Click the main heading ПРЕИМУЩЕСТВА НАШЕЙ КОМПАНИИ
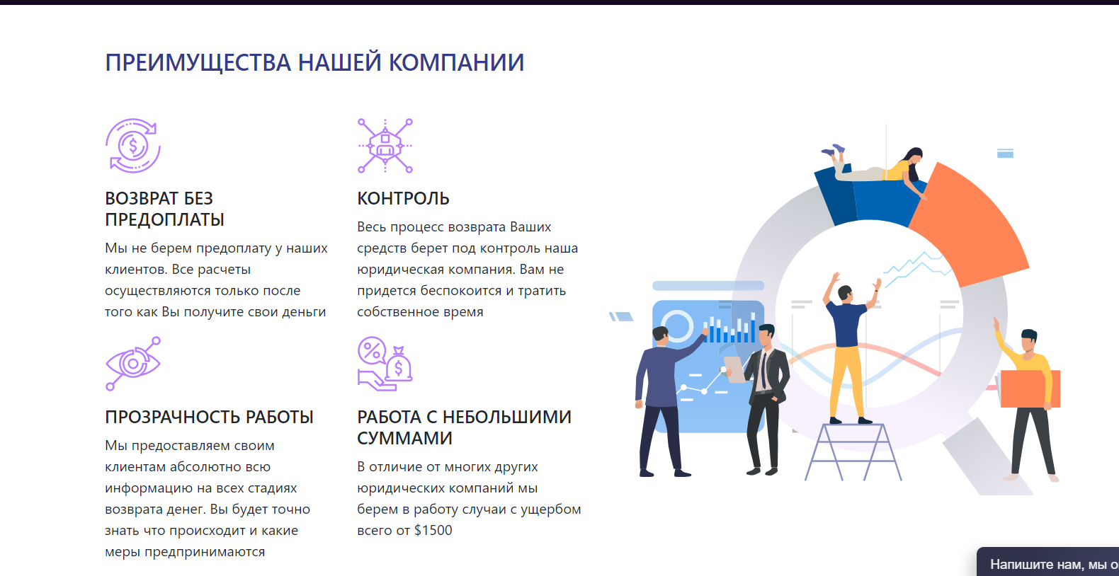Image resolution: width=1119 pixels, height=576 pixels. [314, 63]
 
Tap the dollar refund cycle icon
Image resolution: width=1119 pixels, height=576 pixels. [133, 146]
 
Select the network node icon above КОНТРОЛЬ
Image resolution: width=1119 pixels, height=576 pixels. [385, 146]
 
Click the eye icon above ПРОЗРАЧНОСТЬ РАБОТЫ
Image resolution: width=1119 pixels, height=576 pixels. [133, 364]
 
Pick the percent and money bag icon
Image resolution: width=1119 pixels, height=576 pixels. [385, 364]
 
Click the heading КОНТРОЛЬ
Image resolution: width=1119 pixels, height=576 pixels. [403, 199]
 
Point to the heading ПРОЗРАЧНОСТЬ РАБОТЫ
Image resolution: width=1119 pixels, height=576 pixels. [210, 417]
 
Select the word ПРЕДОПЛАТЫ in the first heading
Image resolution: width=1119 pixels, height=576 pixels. [164, 219]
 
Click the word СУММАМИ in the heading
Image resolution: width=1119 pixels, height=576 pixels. [404, 438]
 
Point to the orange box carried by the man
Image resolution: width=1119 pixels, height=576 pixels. [1030, 388]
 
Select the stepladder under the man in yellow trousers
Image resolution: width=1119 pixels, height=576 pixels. [853, 451]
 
